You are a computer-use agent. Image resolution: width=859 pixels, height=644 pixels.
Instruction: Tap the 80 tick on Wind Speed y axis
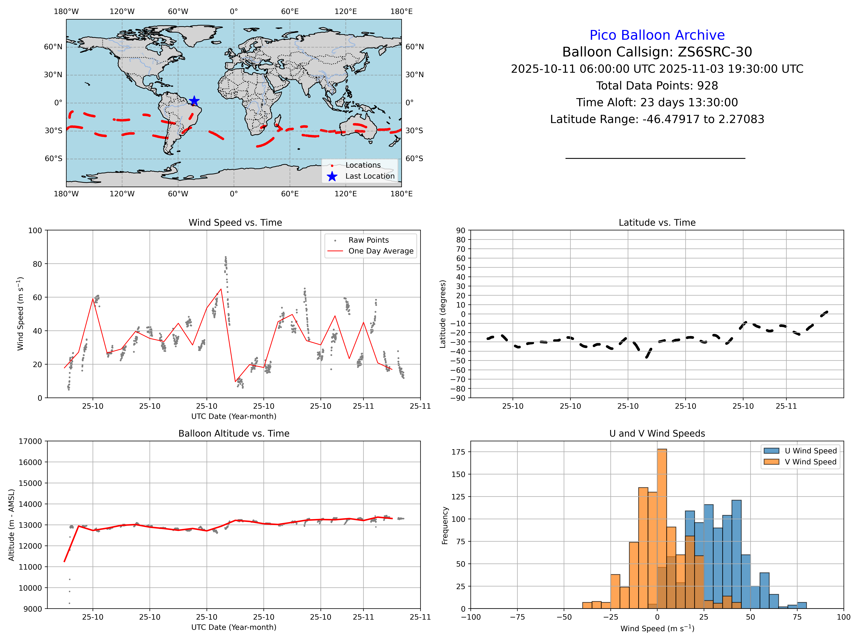[37, 264]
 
